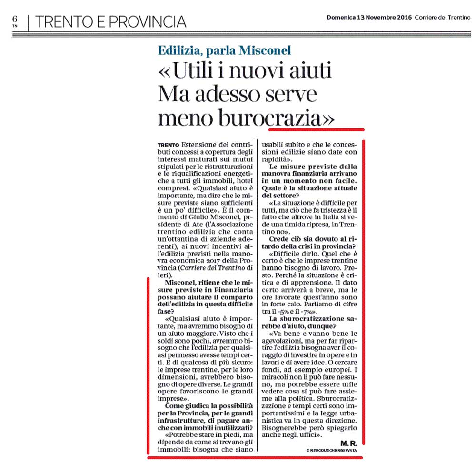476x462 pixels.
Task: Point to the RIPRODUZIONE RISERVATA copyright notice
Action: (x=331, y=450)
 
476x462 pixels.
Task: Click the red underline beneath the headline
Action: (x=316, y=129)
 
